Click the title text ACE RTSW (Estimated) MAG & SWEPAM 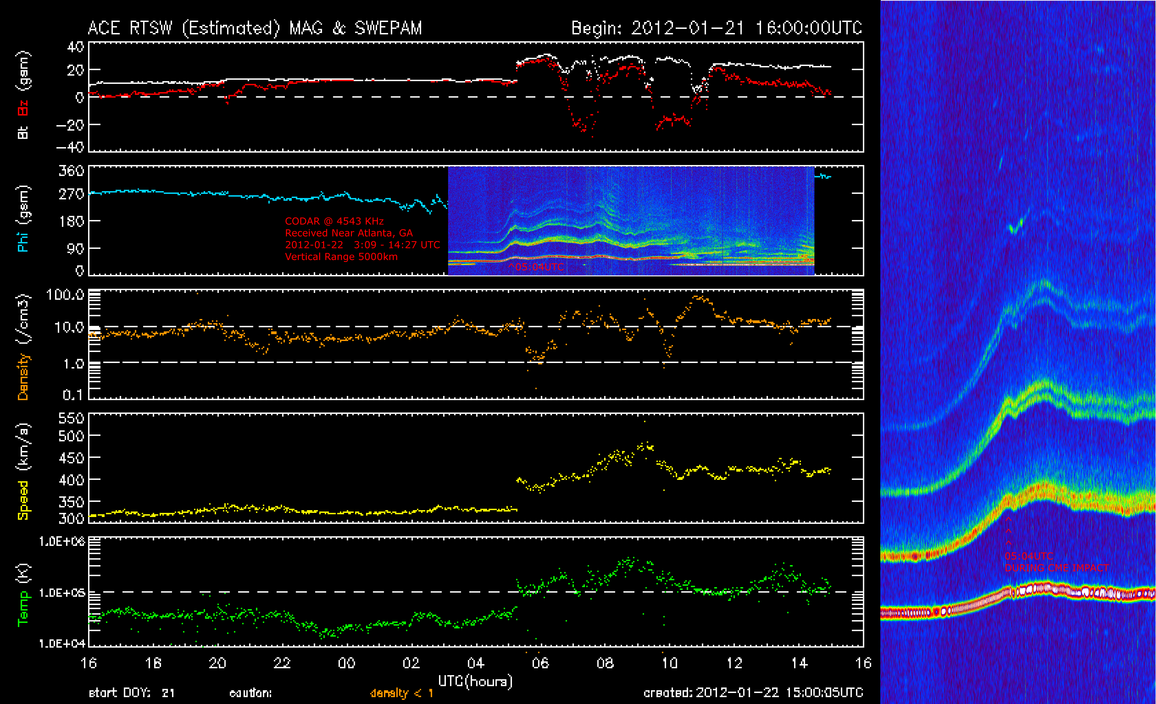(255, 28)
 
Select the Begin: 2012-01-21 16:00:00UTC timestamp (716, 28)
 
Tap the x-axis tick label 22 (282, 663)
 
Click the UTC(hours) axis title (475, 681)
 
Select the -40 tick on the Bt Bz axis (70, 147)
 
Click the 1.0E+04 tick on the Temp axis (62, 643)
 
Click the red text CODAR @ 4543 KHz (334, 221)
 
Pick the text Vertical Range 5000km (341, 257)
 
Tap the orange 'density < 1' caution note (402, 693)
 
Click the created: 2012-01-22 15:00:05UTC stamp (753, 693)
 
